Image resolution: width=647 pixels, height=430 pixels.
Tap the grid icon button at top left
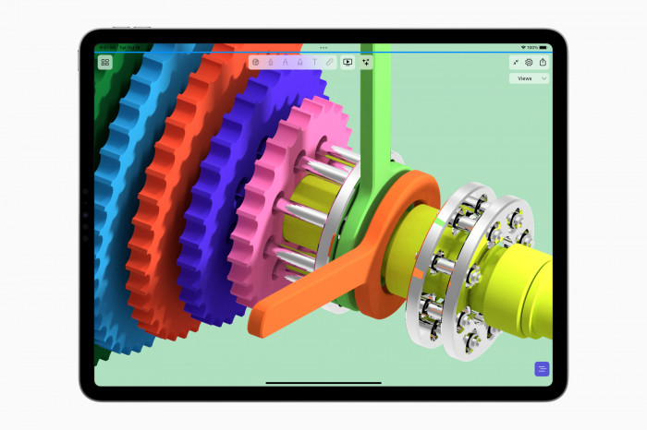coord(105,63)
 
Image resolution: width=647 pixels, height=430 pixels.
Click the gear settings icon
coord(530,63)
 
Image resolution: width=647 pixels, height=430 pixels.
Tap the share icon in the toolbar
coord(543,63)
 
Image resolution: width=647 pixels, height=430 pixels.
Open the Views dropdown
coord(530,79)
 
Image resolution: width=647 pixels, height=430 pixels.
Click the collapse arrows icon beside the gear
coord(516,63)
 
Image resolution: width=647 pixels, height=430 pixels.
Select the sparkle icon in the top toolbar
coord(366,63)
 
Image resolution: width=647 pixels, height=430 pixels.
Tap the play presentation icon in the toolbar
coord(348,63)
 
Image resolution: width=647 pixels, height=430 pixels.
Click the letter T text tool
coord(314,63)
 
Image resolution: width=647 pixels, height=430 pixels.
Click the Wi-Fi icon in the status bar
coord(524,46)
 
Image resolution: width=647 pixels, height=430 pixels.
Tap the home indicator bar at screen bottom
coord(323,382)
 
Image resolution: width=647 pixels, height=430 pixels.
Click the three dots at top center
coord(323,47)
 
